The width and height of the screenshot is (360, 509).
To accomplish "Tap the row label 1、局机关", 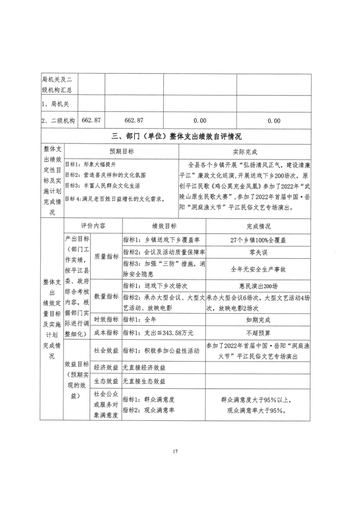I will click(55, 104).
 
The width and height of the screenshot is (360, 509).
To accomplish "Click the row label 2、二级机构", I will click(58, 121).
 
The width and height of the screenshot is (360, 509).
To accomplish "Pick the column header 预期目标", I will click(121, 151).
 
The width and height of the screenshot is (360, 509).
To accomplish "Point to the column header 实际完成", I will click(245, 151).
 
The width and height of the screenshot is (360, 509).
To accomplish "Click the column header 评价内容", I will click(94, 226).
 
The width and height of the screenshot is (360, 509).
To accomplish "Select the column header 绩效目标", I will click(164, 226).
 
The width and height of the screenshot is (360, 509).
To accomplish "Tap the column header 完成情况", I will click(258, 226).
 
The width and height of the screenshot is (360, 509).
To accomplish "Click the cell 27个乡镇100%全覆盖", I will click(258, 240).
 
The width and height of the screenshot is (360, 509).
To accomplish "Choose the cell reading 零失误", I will click(258, 252).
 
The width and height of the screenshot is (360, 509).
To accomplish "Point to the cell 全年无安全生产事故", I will click(258, 269).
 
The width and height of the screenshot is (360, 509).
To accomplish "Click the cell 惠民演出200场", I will click(258, 286).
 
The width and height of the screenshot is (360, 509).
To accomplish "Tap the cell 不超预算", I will click(258, 333).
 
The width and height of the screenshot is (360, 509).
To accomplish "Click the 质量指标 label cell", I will click(106, 256).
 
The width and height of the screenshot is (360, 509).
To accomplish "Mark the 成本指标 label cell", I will click(106, 333).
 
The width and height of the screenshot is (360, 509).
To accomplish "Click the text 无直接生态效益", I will click(144, 381).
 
